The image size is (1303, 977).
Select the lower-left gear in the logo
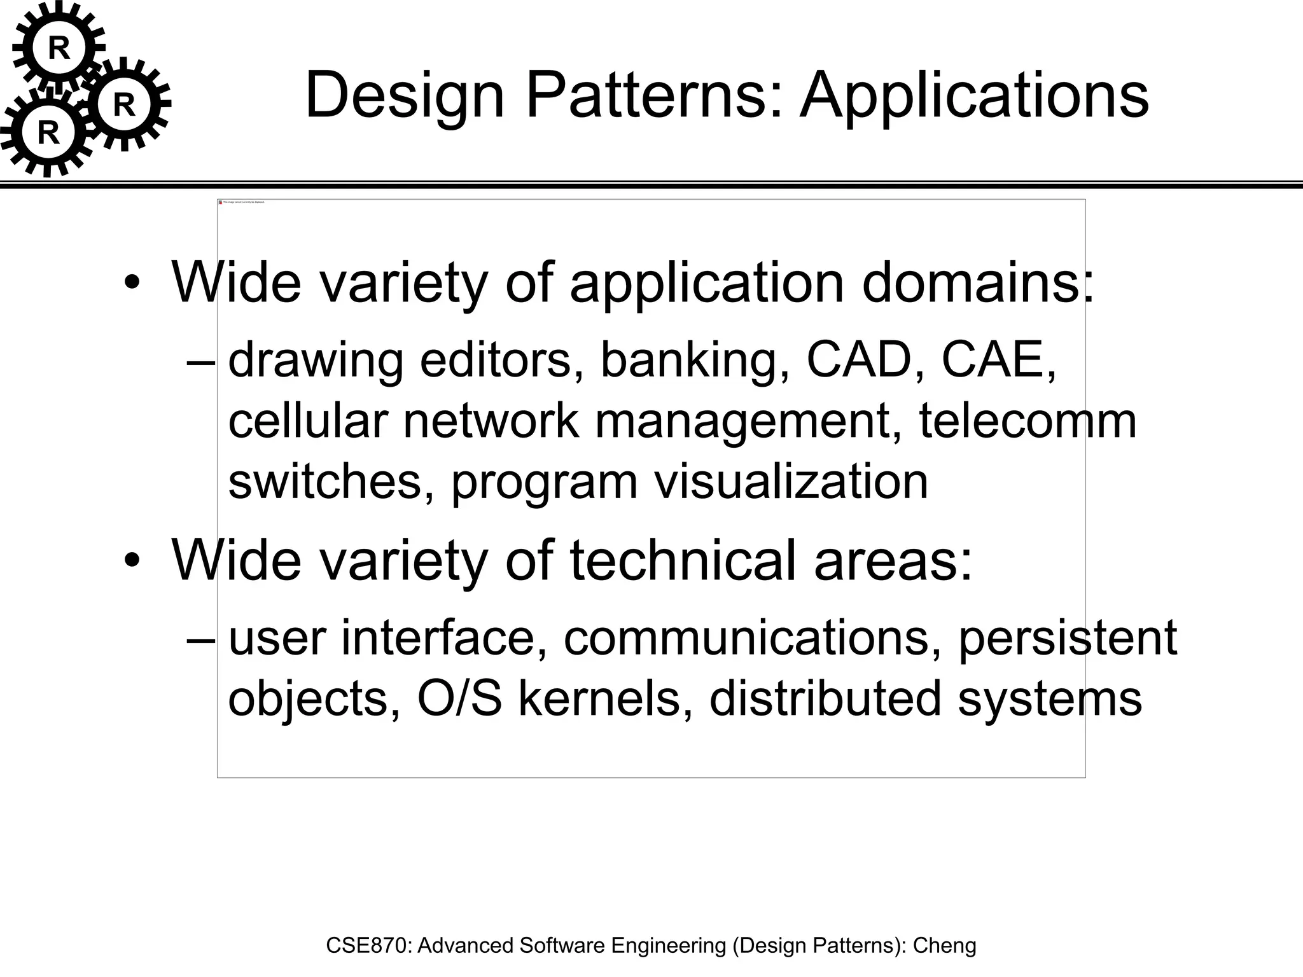[48, 133]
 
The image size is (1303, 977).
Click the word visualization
[791, 482]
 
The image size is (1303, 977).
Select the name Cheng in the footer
[944, 945]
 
